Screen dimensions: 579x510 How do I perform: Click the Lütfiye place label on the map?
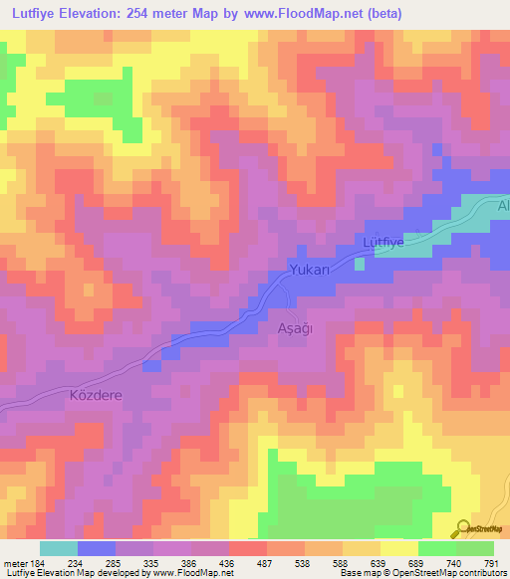381,242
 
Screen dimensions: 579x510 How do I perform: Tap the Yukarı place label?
309,270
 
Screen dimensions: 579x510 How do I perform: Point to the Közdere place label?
95,395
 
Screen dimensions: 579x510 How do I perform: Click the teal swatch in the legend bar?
59,548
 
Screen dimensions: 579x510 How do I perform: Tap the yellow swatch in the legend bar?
398,548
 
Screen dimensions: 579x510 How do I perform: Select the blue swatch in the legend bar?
97,548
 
